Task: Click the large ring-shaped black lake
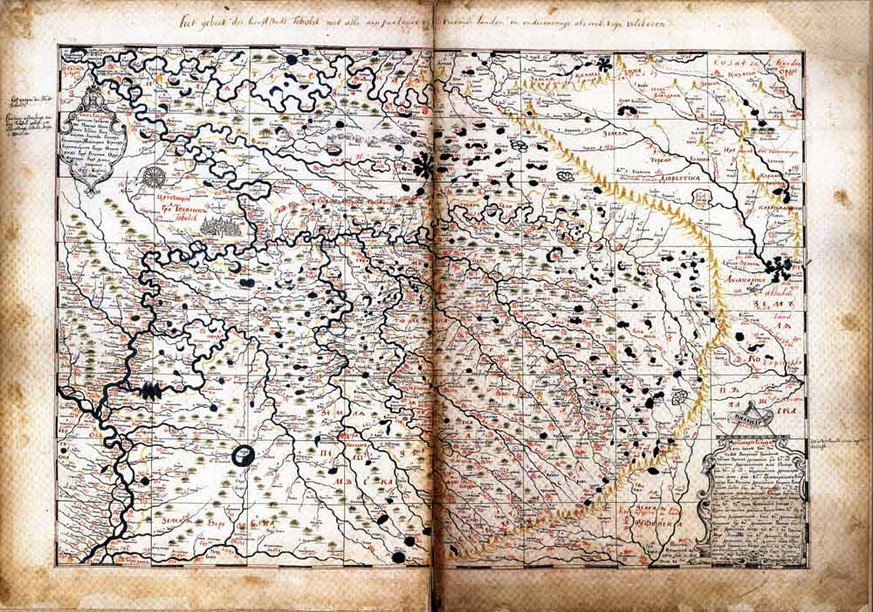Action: point(245,455)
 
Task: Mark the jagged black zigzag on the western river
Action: point(150,390)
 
